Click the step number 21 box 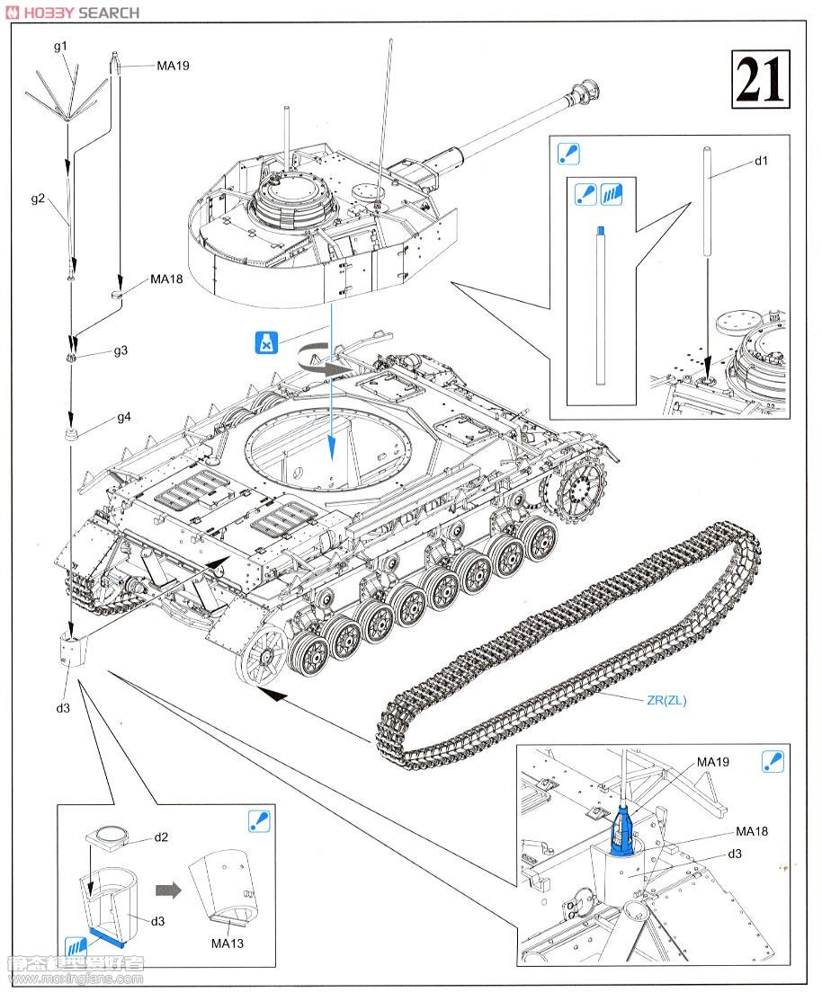pos(761,79)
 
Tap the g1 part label pos(60,45)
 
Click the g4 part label pos(123,418)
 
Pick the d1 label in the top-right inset pos(761,161)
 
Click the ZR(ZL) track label pos(665,701)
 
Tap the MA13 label pos(228,943)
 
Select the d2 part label pos(161,837)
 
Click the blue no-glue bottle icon pos(267,342)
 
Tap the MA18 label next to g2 pos(166,279)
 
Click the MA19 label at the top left pos(173,66)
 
